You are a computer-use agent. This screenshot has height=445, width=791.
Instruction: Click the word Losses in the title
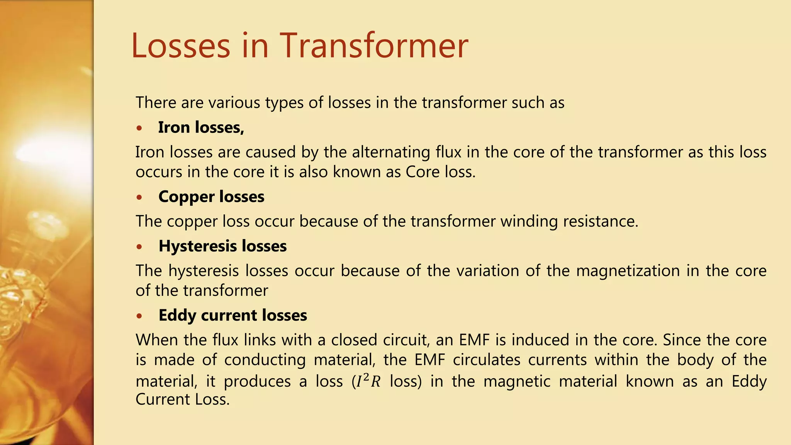tap(181, 46)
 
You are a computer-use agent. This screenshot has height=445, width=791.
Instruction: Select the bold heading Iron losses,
tap(201, 127)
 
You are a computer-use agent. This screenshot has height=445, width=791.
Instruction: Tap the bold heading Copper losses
tap(211, 197)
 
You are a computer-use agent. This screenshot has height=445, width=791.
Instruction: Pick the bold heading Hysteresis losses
tap(222, 246)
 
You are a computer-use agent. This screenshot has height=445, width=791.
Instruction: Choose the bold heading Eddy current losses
tap(233, 315)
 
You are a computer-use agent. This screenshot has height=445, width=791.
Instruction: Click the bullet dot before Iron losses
tap(139, 128)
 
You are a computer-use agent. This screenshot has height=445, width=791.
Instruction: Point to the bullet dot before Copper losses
tap(139, 197)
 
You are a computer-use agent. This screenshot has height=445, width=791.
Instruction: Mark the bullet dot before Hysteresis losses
tap(139, 247)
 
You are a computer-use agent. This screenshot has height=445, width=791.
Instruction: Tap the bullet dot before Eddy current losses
tap(139, 316)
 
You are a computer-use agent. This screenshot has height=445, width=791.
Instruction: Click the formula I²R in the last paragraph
tap(368, 381)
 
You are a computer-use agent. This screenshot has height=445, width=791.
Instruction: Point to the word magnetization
tap(628, 271)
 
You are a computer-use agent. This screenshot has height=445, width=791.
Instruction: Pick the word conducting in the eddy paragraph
tap(265, 360)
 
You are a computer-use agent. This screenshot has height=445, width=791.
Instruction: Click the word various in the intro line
tap(234, 103)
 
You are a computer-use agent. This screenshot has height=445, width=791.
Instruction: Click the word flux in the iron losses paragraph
tap(448, 152)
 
